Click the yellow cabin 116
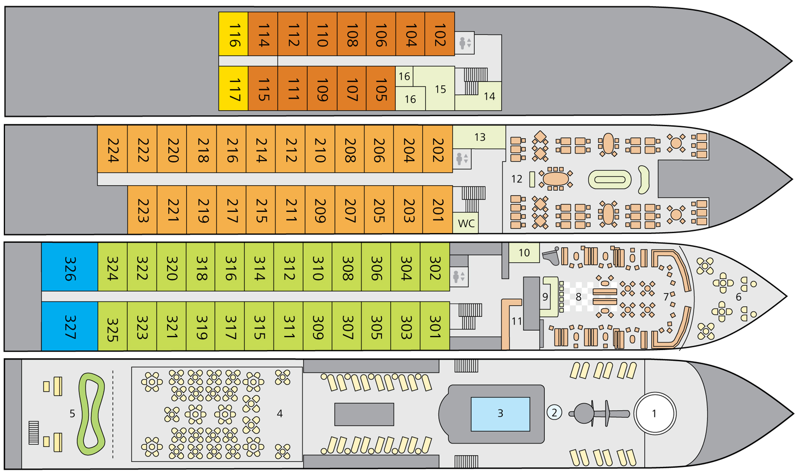click(x=233, y=34)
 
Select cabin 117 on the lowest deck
click(x=233, y=89)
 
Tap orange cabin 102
click(x=440, y=34)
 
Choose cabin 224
click(x=112, y=149)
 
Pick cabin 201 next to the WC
click(x=437, y=209)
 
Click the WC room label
click(x=466, y=223)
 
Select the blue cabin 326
click(x=70, y=267)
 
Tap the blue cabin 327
click(x=70, y=326)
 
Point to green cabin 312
click(x=288, y=267)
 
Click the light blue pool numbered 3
click(x=500, y=414)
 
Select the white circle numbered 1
click(x=654, y=414)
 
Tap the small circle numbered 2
click(x=554, y=413)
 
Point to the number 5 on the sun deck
click(x=72, y=413)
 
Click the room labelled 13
click(x=479, y=137)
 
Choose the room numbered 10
click(x=524, y=253)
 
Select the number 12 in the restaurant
click(x=516, y=179)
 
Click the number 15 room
click(x=440, y=89)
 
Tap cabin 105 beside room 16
click(x=381, y=89)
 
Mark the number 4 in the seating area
click(x=280, y=413)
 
